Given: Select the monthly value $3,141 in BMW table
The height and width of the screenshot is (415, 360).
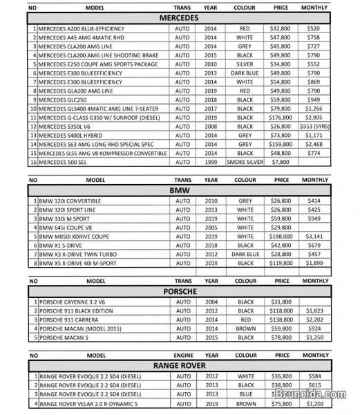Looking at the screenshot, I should tap(314, 236).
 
